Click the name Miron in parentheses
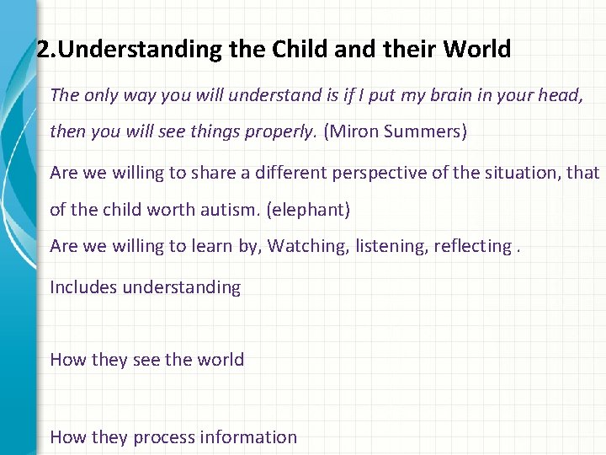pyautogui.click(x=353, y=131)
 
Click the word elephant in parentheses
pyautogui.click(x=307, y=210)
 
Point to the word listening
pyautogui.click(x=392, y=246)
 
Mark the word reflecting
pyautogui.click(x=473, y=246)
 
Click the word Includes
pyautogui.click(x=83, y=287)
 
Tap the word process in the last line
pyautogui.click(x=164, y=437)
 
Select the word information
pyautogui.click(x=249, y=437)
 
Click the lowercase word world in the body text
pyautogui.click(x=221, y=360)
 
